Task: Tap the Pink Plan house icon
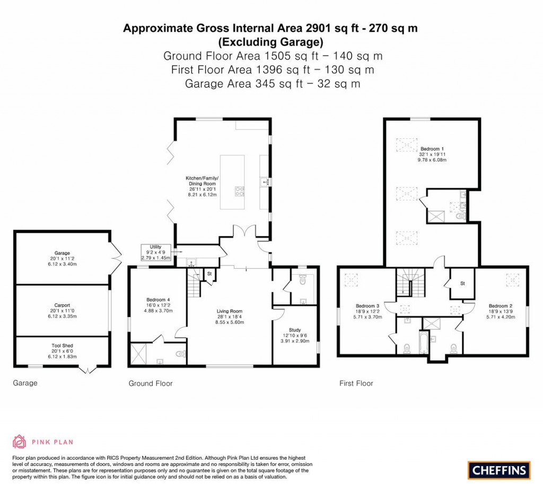(x=20, y=441)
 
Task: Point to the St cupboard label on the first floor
(x=462, y=283)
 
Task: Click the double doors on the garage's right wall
(x=116, y=258)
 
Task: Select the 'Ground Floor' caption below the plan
(x=151, y=383)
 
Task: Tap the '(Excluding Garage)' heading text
(x=270, y=41)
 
